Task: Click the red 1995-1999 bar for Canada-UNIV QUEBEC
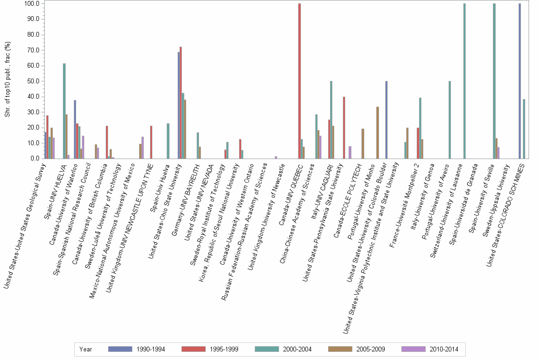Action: (x=299, y=81)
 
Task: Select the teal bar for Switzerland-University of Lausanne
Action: (x=464, y=81)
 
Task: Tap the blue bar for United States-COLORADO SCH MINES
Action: (x=520, y=81)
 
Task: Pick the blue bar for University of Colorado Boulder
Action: (x=386, y=120)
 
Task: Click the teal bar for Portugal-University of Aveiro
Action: (x=450, y=120)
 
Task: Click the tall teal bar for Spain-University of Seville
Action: (x=494, y=81)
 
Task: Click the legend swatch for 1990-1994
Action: (x=120, y=349)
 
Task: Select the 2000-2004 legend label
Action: (x=297, y=349)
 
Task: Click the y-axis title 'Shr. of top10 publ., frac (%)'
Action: (x=7, y=81)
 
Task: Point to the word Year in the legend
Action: (x=86, y=349)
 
